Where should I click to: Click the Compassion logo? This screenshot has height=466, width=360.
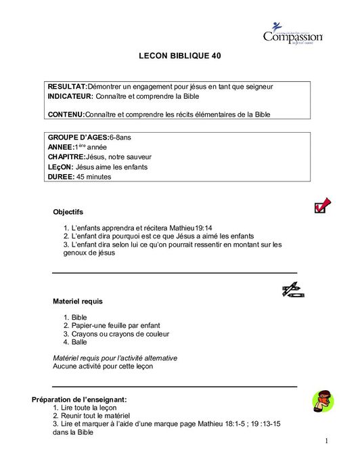pos(292,34)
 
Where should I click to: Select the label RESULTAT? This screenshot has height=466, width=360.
pos(66,87)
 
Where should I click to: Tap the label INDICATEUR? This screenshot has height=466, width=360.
pos(70,97)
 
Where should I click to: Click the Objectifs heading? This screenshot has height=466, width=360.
pos(68,212)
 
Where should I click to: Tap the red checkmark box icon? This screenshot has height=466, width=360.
pos(322,205)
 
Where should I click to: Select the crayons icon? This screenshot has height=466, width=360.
pos(292,290)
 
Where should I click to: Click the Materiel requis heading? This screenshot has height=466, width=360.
pos(78,301)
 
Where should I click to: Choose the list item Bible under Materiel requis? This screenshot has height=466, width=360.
pos(79,317)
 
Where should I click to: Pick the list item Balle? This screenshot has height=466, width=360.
pos(79,342)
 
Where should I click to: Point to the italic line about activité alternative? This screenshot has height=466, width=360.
pos(115,358)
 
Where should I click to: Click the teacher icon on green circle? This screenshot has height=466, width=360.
pos(323,402)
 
